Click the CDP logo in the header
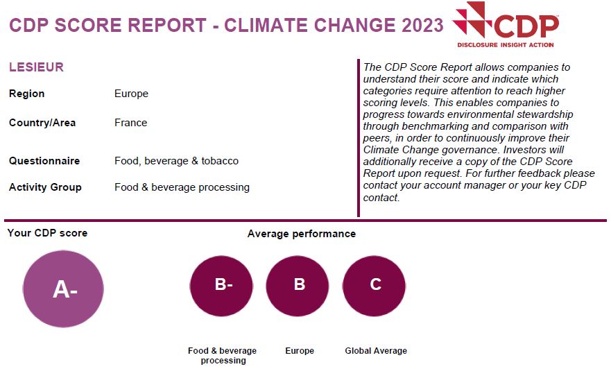506,25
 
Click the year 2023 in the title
423,26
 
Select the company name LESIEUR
36,67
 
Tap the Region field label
26,94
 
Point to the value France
130,123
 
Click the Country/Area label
42,123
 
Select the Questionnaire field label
44,161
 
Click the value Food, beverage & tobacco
177,161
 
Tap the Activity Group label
45,187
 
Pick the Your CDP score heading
47,233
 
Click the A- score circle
63,289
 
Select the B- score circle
221,286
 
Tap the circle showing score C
374,286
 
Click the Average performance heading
302,234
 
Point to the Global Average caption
376,351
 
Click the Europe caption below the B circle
300,351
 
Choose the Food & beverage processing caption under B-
223,355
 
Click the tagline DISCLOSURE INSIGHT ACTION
506,45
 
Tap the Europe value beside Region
131,94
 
